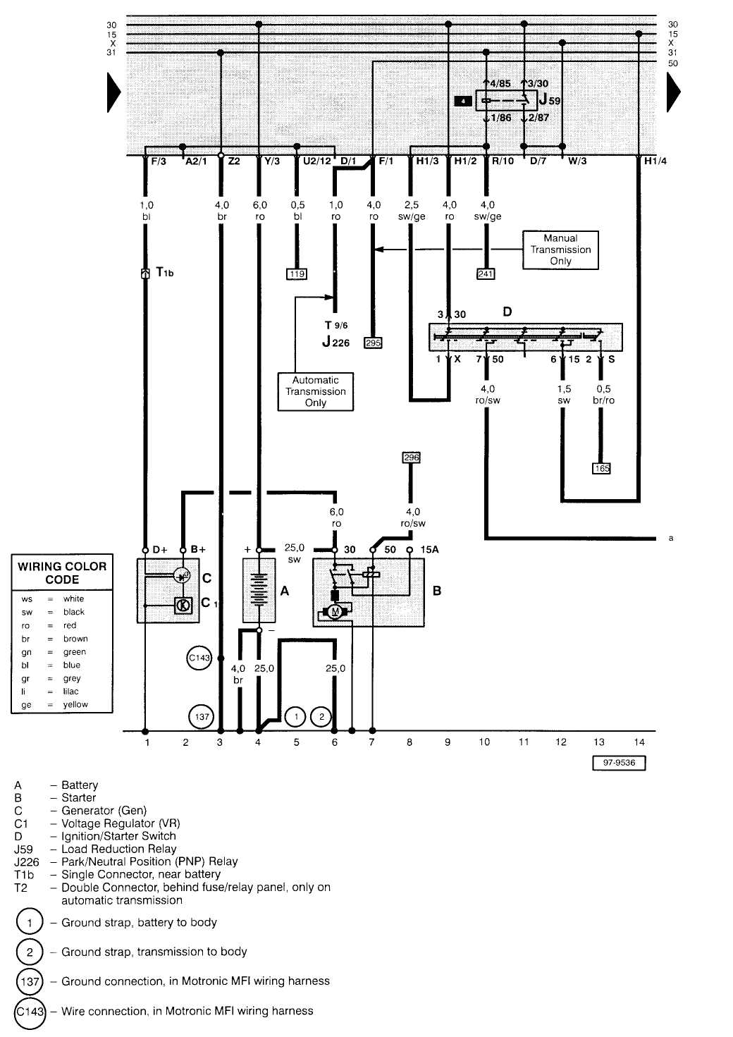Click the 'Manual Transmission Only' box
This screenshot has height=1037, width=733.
click(x=560, y=250)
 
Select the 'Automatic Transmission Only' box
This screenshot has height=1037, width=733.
click(x=315, y=391)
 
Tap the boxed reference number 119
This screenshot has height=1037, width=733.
click(x=297, y=274)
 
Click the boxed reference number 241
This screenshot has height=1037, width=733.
click(x=486, y=274)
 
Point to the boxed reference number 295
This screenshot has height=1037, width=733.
click(x=373, y=343)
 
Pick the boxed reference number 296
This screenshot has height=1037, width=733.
click(x=411, y=458)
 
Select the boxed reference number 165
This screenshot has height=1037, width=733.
click(x=601, y=468)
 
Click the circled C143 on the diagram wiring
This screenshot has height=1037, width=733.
click(x=199, y=658)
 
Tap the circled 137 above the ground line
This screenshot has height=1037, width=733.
click(x=202, y=717)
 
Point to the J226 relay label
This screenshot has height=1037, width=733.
click(x=336, y=343)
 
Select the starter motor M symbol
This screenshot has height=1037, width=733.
click(x=335, y=611)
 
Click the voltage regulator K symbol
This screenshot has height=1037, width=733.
click(x=183, y=605)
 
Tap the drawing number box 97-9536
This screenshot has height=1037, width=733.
click(x=619, y=763)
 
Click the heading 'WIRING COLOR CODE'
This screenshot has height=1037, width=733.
click(x=62, y=572)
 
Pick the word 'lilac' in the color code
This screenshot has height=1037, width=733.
click(x=70, y=692)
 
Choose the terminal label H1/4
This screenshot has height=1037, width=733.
click(x=655, y=161)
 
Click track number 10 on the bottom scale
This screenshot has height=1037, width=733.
click(x=484, y=742)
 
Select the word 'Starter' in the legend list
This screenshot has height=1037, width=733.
click(x=78, y=798)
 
